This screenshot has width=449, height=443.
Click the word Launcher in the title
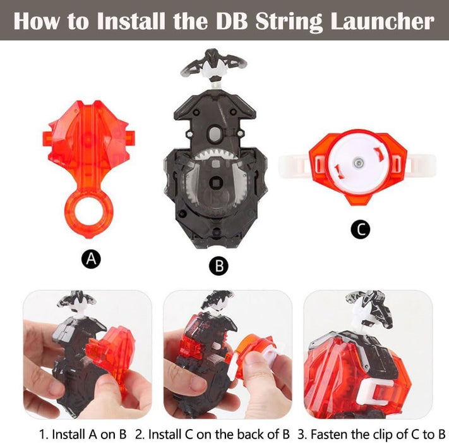coord(383,22)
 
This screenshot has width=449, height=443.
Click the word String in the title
coord(289,22)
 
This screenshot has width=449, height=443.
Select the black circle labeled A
coord(91,259)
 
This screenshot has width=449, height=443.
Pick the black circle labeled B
coord(219,266)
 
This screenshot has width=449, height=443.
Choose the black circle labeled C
coord(361,229)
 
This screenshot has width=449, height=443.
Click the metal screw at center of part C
coord(358,163)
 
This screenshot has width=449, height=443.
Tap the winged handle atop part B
coord(213,64)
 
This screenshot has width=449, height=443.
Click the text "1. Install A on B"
coord(83,434)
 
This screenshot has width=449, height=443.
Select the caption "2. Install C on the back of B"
coord(212,434)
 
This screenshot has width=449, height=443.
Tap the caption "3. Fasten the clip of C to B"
coord(371,434)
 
